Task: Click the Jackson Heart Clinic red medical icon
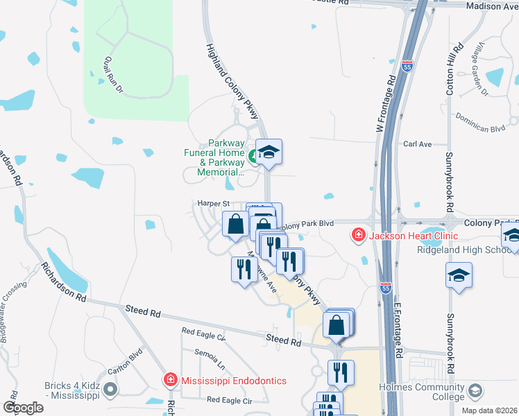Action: (358, 236)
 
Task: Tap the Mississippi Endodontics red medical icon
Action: (170, 380)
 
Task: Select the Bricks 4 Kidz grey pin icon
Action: (110, 390)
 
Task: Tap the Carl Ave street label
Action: (418, 144)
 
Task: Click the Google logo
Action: (23, 408)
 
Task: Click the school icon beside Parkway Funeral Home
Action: (269, 151)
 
